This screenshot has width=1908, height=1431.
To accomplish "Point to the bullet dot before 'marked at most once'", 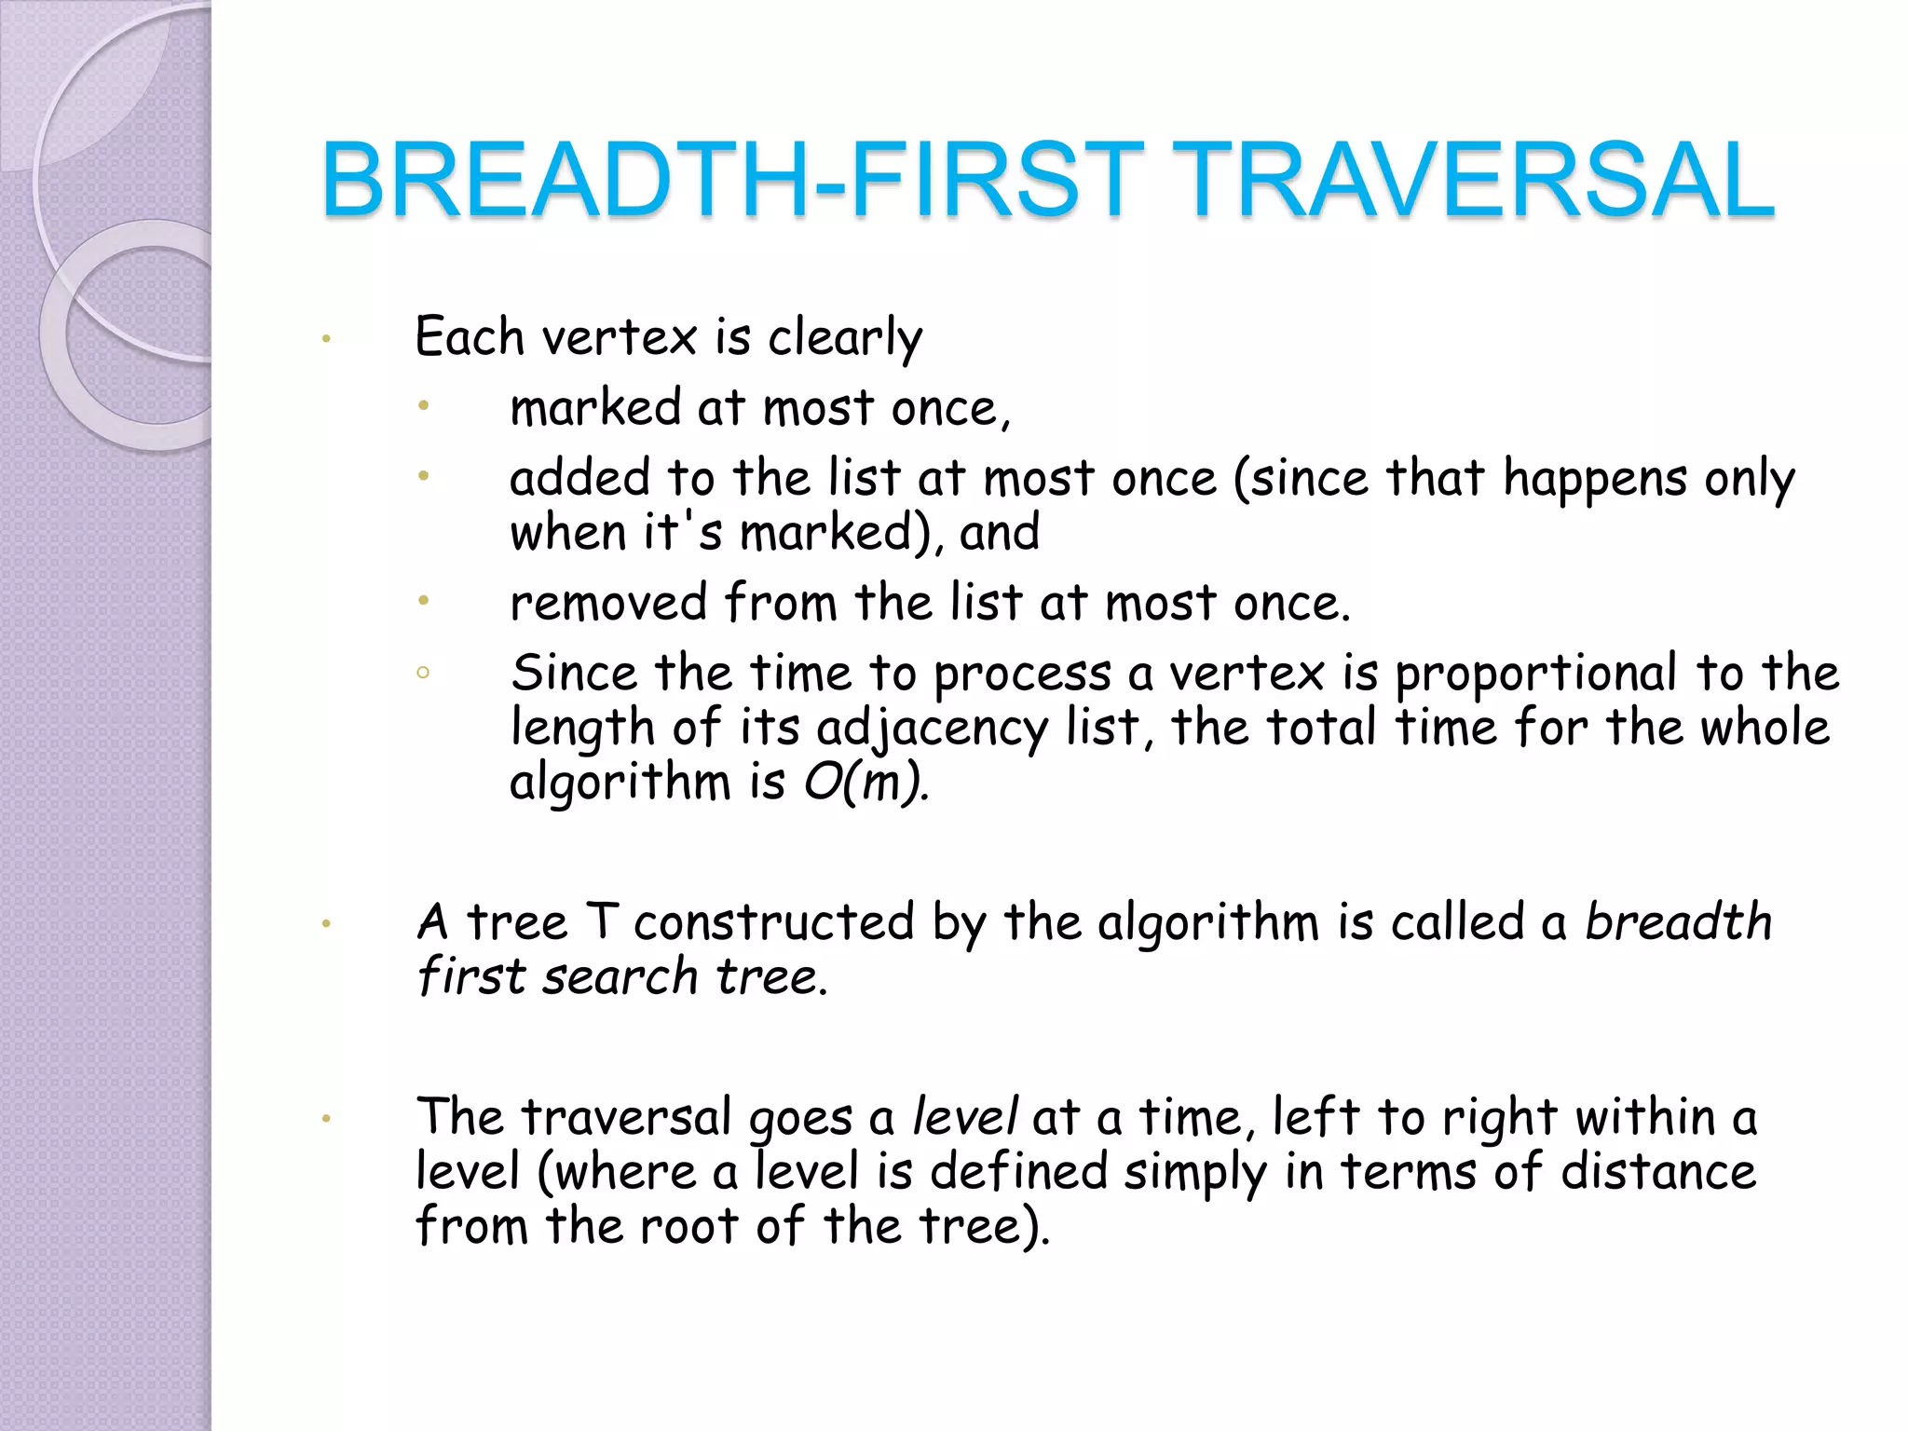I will (x=423, y=405).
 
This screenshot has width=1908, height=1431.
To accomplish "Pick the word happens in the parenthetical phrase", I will (x=1595, y=480).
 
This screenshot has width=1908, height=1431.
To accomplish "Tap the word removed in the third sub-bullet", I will (x=608, y=603).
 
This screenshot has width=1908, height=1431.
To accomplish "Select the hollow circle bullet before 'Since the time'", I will (x=423, y=672).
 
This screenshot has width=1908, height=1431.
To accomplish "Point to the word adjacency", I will (x=932, y=729).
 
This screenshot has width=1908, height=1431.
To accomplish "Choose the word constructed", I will (x=774, y=922).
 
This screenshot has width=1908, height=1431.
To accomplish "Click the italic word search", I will (x=620, y=976).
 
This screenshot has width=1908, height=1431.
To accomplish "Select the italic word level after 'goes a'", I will (x=965, y=1116).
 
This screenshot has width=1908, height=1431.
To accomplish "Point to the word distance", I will (x=1658, y=1171).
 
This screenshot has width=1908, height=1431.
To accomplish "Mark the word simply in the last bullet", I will (x=1195, y=1173).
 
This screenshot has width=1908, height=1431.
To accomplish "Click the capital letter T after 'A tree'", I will (x=602, y=921).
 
